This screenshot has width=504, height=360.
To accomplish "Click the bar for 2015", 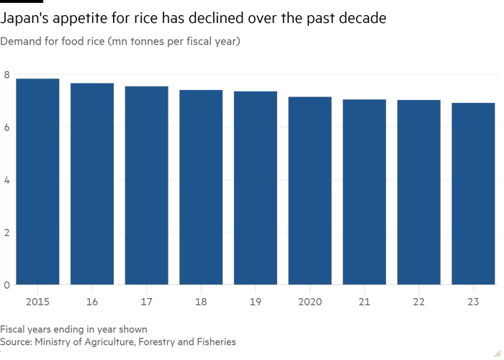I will (x=37, y=181).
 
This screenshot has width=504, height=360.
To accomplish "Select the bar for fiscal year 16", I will (x=91, y=184).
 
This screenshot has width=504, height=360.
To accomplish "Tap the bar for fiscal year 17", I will (x=146, y=185).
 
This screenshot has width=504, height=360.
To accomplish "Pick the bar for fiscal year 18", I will (x=201, y=187).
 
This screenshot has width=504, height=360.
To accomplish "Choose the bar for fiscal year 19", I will (x=255, y=188).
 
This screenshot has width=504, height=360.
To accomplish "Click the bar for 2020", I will (x=310, y=191).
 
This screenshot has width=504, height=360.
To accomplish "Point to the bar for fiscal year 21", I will (x=364, y=192).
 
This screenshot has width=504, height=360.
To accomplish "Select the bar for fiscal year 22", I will (x=418, y=192).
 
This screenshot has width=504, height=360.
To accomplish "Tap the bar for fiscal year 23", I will (x=473, y=194).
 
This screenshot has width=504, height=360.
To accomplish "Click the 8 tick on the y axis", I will (x=6, y=74).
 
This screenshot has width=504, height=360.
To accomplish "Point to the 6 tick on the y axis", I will (x=6, y=127).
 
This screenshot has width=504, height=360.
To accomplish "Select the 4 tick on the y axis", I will (x=6, y=179).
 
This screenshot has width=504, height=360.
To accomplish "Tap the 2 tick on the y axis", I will (x=6, y=232).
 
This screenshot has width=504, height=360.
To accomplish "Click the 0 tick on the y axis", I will (x=6, y=284).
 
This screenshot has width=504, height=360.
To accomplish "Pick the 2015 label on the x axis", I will (x=37, y=301).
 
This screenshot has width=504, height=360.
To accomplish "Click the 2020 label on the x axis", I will (x=310, y=301).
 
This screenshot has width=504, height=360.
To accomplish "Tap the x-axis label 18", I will (x=201, y=301).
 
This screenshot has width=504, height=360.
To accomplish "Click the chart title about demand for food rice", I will (x=121, y=42).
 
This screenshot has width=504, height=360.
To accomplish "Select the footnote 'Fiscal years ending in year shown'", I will (x=74, y=328).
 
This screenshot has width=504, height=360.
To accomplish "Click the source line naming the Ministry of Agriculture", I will (x=118, y=342).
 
